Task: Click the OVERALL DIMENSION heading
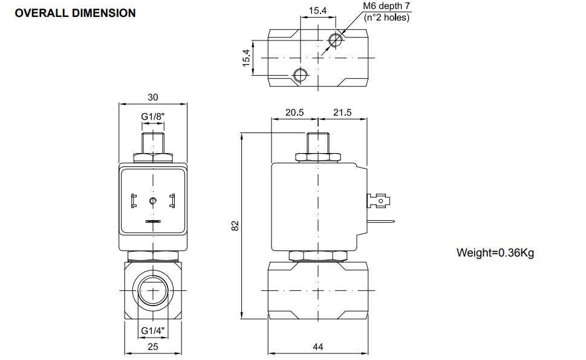[x=75, y=13]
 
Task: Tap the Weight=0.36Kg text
[x=495, y=252]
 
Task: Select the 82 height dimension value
[x=236, y=225]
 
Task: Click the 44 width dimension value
[x=318, y=347]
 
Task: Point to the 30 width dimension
[x=152, y=97]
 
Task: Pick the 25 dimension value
[x=152, y=347]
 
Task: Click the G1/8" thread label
[x=152, y=116]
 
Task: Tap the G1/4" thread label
[x=152, y=330]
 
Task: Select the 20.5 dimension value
[x=295, y=113]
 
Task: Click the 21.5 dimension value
[x=342, y=113]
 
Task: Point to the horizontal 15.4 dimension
[x=317, y=10]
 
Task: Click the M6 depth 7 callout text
[x=386, y=7]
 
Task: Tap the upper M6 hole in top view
[x=336, y=40]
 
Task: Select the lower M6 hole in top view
[x=300, y=74]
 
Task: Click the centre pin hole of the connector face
[x=152, y=200]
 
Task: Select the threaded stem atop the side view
[x=318, y=143]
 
